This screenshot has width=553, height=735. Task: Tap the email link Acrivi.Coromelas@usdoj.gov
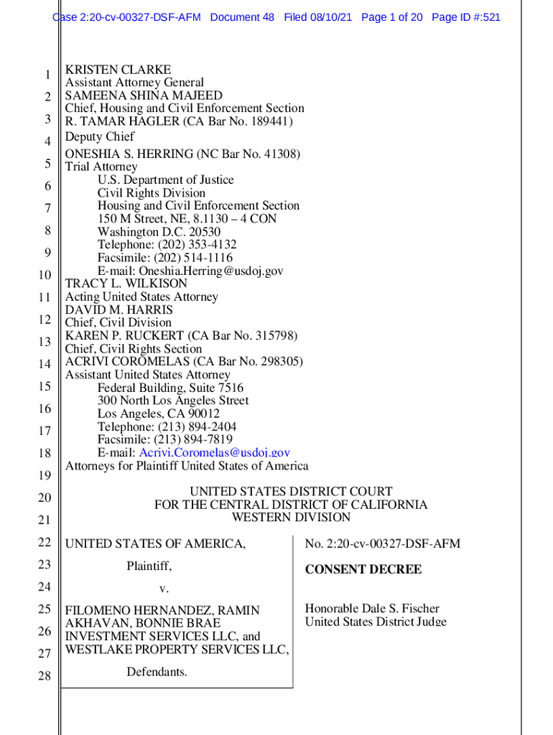point(214,452)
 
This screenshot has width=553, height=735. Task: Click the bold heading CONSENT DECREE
point(363,569)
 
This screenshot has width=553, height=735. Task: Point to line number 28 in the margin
point(44,675)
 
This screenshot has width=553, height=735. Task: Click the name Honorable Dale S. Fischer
point(372,609)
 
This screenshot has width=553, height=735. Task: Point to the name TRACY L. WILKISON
point(126,284)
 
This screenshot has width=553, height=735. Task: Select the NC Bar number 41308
point(279,154)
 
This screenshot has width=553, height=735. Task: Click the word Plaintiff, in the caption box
point(149,566)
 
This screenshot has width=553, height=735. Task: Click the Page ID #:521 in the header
point(466,17)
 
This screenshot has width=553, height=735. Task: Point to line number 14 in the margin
point(44,364)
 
